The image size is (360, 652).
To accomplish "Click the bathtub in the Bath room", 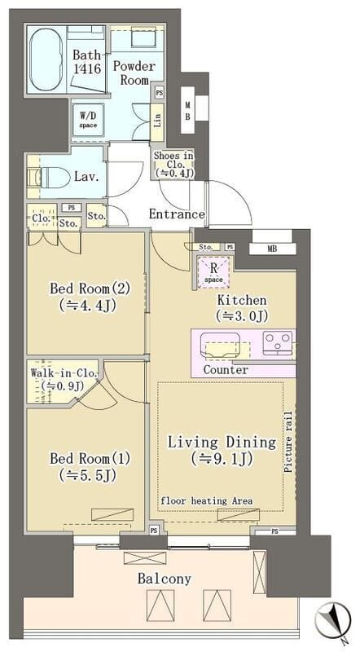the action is pyautogui.click(x=45, y=59).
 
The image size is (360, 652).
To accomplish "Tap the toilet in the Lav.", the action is pyautogui.click(x=49, y=178).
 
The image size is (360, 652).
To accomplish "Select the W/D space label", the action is pyautogui.click(x=88, y=120).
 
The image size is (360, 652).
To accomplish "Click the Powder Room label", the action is pyautogui.click(x=134, y=73).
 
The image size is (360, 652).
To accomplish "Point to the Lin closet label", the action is pyautogui.click(x=157, y=121).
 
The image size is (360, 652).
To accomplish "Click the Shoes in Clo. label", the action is pyautogui.click(x=173, y=165).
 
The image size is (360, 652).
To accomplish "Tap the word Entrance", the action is pyautogui.click(x=177, y=214).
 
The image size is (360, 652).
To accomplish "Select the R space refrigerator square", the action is pyautogui.click(x=213, y=271).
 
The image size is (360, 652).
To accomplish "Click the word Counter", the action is pyautogui.click(x=226, y=370).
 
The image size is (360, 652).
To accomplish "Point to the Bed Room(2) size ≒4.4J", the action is pyautogui.click(x=87, y=305).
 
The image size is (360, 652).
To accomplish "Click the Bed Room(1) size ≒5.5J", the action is pyautogui.click(x=87, y=474).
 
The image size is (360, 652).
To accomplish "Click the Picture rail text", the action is pyautogui.click(x=288, y=442).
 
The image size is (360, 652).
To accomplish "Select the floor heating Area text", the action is pyautogui.click(x=207, y=500).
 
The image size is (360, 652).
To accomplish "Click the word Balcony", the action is pyautogui.click(x=165, y=579).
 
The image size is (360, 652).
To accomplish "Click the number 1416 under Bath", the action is pyautogui.click(x=87, y=68).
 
